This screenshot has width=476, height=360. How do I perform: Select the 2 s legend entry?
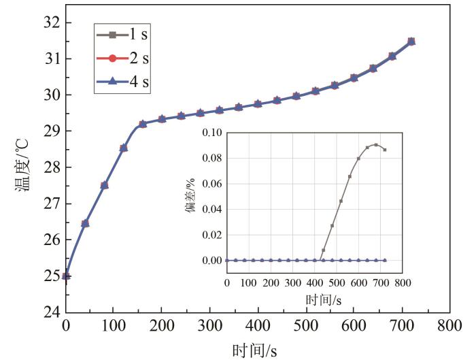coord(123,59)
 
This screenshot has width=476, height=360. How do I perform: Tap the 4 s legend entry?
coord(123,83)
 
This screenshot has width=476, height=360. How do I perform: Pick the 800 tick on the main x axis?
coord(449,326)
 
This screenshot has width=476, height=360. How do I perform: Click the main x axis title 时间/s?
coord(255,350)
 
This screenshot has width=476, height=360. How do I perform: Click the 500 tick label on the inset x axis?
coord(337,280)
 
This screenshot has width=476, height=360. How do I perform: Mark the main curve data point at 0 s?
coord(66,276)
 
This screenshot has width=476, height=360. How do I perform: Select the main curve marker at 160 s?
coord(143,125)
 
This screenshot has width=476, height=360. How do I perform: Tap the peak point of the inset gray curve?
coord(376,144)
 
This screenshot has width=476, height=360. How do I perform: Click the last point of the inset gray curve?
coord(385,150)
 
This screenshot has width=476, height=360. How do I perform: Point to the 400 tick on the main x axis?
coord(258,326)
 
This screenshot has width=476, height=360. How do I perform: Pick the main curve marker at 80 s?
coord(104,185)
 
